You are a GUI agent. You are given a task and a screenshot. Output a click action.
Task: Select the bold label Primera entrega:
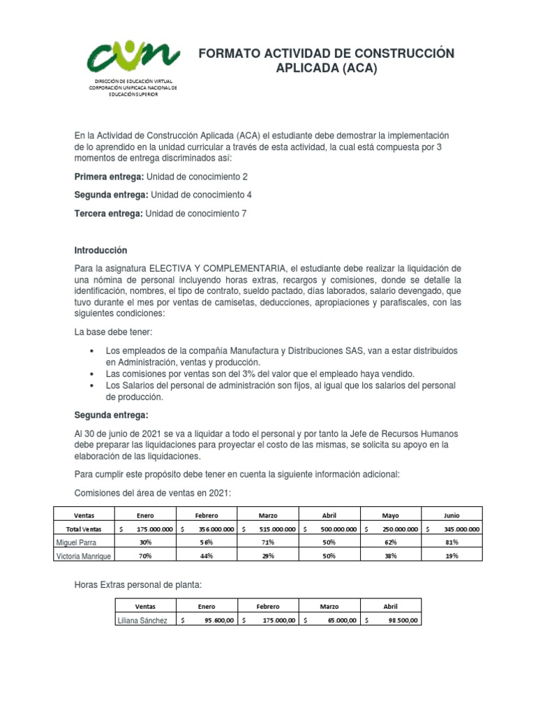[108, 158]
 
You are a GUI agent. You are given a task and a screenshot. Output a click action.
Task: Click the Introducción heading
[101, 250]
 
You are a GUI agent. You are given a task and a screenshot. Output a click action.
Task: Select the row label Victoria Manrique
[87, 556]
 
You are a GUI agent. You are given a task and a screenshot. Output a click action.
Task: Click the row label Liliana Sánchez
[143, 620]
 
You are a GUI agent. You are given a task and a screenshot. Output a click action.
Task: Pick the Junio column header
[452, 515]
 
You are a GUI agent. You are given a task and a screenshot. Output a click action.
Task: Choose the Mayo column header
[390, 515]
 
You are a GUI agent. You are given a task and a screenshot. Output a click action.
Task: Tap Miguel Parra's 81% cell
[452, 542]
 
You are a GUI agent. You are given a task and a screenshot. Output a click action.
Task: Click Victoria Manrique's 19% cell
[452, 556]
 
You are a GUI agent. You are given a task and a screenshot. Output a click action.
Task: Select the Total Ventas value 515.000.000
[276, 529]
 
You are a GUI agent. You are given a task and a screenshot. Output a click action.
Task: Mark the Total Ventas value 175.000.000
[154, 529]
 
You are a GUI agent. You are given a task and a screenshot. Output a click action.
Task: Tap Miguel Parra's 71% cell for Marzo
[268, 542]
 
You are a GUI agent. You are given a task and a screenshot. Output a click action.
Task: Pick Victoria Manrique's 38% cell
[390, 556]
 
